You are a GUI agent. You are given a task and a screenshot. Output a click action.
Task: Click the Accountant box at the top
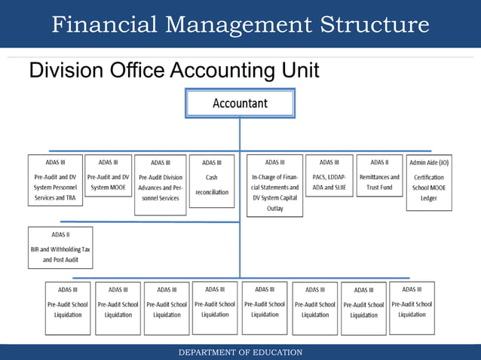[240, 102]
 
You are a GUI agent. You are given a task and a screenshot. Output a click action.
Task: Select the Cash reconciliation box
[211, 184]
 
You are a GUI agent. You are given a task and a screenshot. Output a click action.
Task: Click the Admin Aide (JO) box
[429, 182]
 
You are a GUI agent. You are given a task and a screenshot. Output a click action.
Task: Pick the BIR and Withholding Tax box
[60, 248]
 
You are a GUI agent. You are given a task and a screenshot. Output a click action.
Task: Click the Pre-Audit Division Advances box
[160, 185]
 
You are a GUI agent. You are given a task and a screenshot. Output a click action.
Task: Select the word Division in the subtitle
[59, 72]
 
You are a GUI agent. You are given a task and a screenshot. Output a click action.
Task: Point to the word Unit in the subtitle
[299, 72]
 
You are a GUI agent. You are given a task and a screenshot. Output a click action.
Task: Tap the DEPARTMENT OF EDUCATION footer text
[240, 352]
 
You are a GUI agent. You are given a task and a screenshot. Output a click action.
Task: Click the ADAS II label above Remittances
[379, 162]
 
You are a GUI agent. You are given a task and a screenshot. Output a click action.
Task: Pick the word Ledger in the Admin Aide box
[429, 198]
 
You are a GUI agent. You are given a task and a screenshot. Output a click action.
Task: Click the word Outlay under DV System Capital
[275, 208]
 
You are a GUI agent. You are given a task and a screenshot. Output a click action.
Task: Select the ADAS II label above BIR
[60, 235]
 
